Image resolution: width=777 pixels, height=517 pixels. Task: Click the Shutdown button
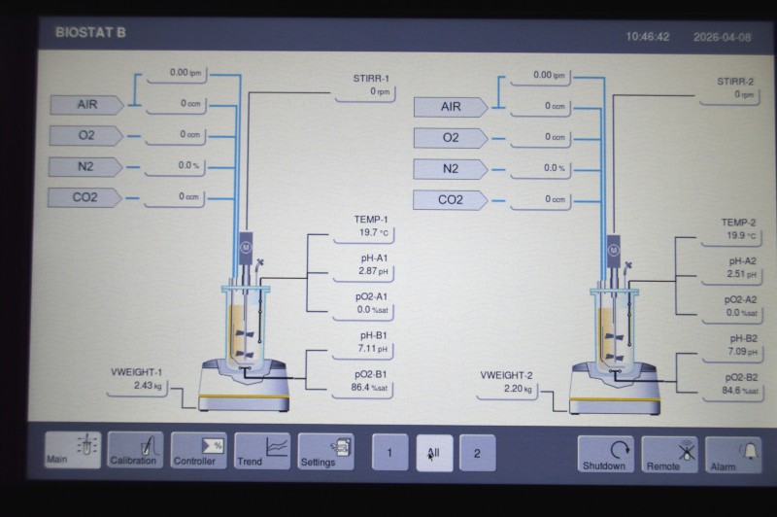click(x=605, y=454)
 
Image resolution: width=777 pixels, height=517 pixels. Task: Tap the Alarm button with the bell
click(x=733, y=455)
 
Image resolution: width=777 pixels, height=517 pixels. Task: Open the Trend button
click(x=262, y=451)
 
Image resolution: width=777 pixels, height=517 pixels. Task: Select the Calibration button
click(x=135, y=449)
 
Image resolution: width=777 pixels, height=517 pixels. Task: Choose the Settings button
click(x=326, y=451)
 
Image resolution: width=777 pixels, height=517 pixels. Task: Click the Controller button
click(x=199, y=450)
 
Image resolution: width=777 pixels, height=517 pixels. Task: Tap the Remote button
click(x=669, y=455)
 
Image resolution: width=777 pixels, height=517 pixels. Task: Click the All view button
click(x=434, y=453)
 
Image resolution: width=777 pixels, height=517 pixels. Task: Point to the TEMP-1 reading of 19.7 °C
click(x=374, y=232)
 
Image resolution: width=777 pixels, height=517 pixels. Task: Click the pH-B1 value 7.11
click(x=373, y=349)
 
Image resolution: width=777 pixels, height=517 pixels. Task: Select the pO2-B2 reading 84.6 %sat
click(x=740, y=391)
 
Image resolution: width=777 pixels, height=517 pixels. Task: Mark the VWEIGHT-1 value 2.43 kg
click(x=148, y=385)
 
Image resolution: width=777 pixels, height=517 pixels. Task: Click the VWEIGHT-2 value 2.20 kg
click(x=518, y=389)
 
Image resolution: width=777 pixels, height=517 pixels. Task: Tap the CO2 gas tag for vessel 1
click(x=84, y=197)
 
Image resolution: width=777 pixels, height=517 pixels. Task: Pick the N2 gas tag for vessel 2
click(x=451, y=169)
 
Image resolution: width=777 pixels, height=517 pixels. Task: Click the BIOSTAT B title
click(x=90, y=33)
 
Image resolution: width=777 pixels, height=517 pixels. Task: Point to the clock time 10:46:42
click(x=648, y=37)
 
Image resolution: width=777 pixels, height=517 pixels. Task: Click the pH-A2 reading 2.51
click(x=742, y=274)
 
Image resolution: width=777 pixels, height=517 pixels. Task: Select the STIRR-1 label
click(x=371, y=79)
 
